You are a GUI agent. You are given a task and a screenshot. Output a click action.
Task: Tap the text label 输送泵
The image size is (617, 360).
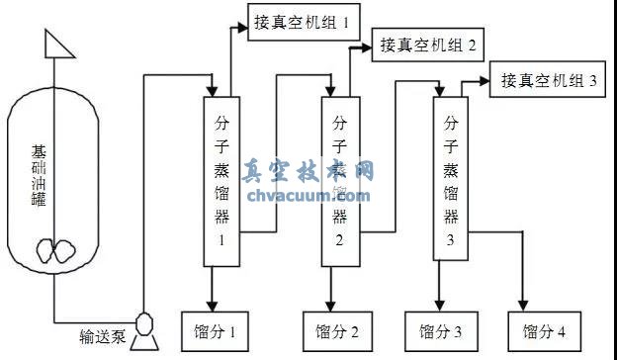click(x=103, y=336)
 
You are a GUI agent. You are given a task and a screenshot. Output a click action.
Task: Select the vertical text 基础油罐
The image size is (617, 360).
click(x=39, y=178)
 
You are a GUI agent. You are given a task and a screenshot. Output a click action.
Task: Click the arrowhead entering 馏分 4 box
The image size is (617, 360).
click(x=525, y=307)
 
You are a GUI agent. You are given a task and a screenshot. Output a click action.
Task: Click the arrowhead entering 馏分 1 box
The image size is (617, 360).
click(x=212, y=307)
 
